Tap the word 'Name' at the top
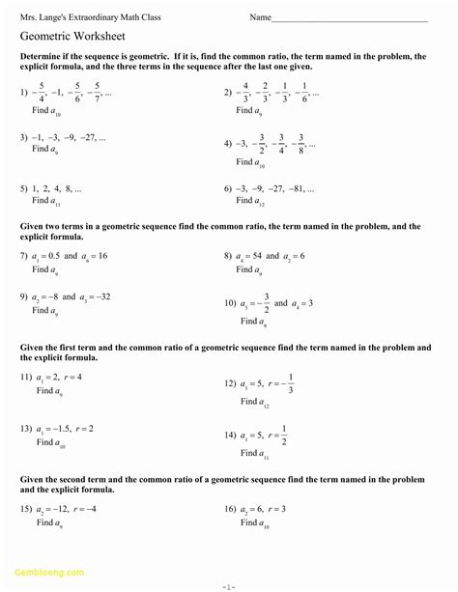(x=260, y=17)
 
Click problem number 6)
(x=228, y=188)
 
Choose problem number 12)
(x=230, y=384)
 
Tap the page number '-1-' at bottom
(x=228, y=585)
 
